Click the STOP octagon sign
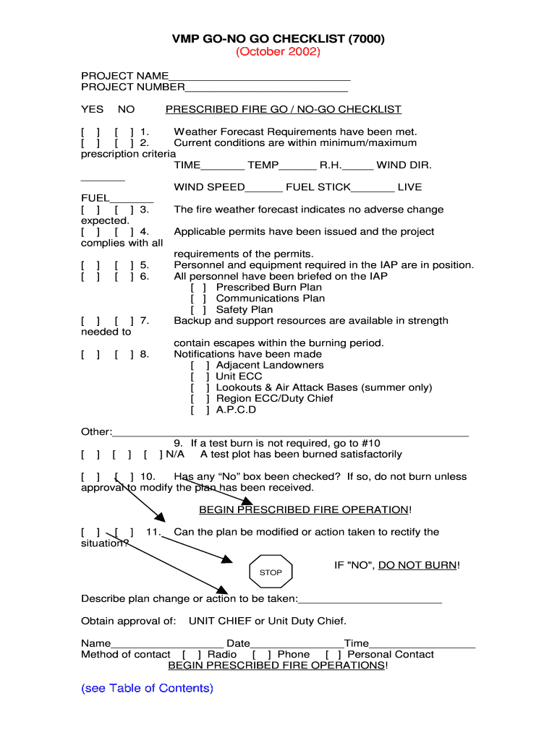(x=271, y=572)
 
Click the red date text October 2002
(x=278, y=52)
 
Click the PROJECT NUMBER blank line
(x=266, y=88)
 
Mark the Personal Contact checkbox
(x=334, y=655)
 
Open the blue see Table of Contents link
(x=147, y=688)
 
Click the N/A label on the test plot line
(x=175, y=455)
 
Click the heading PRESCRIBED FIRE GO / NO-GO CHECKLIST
(x=283, y=110)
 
